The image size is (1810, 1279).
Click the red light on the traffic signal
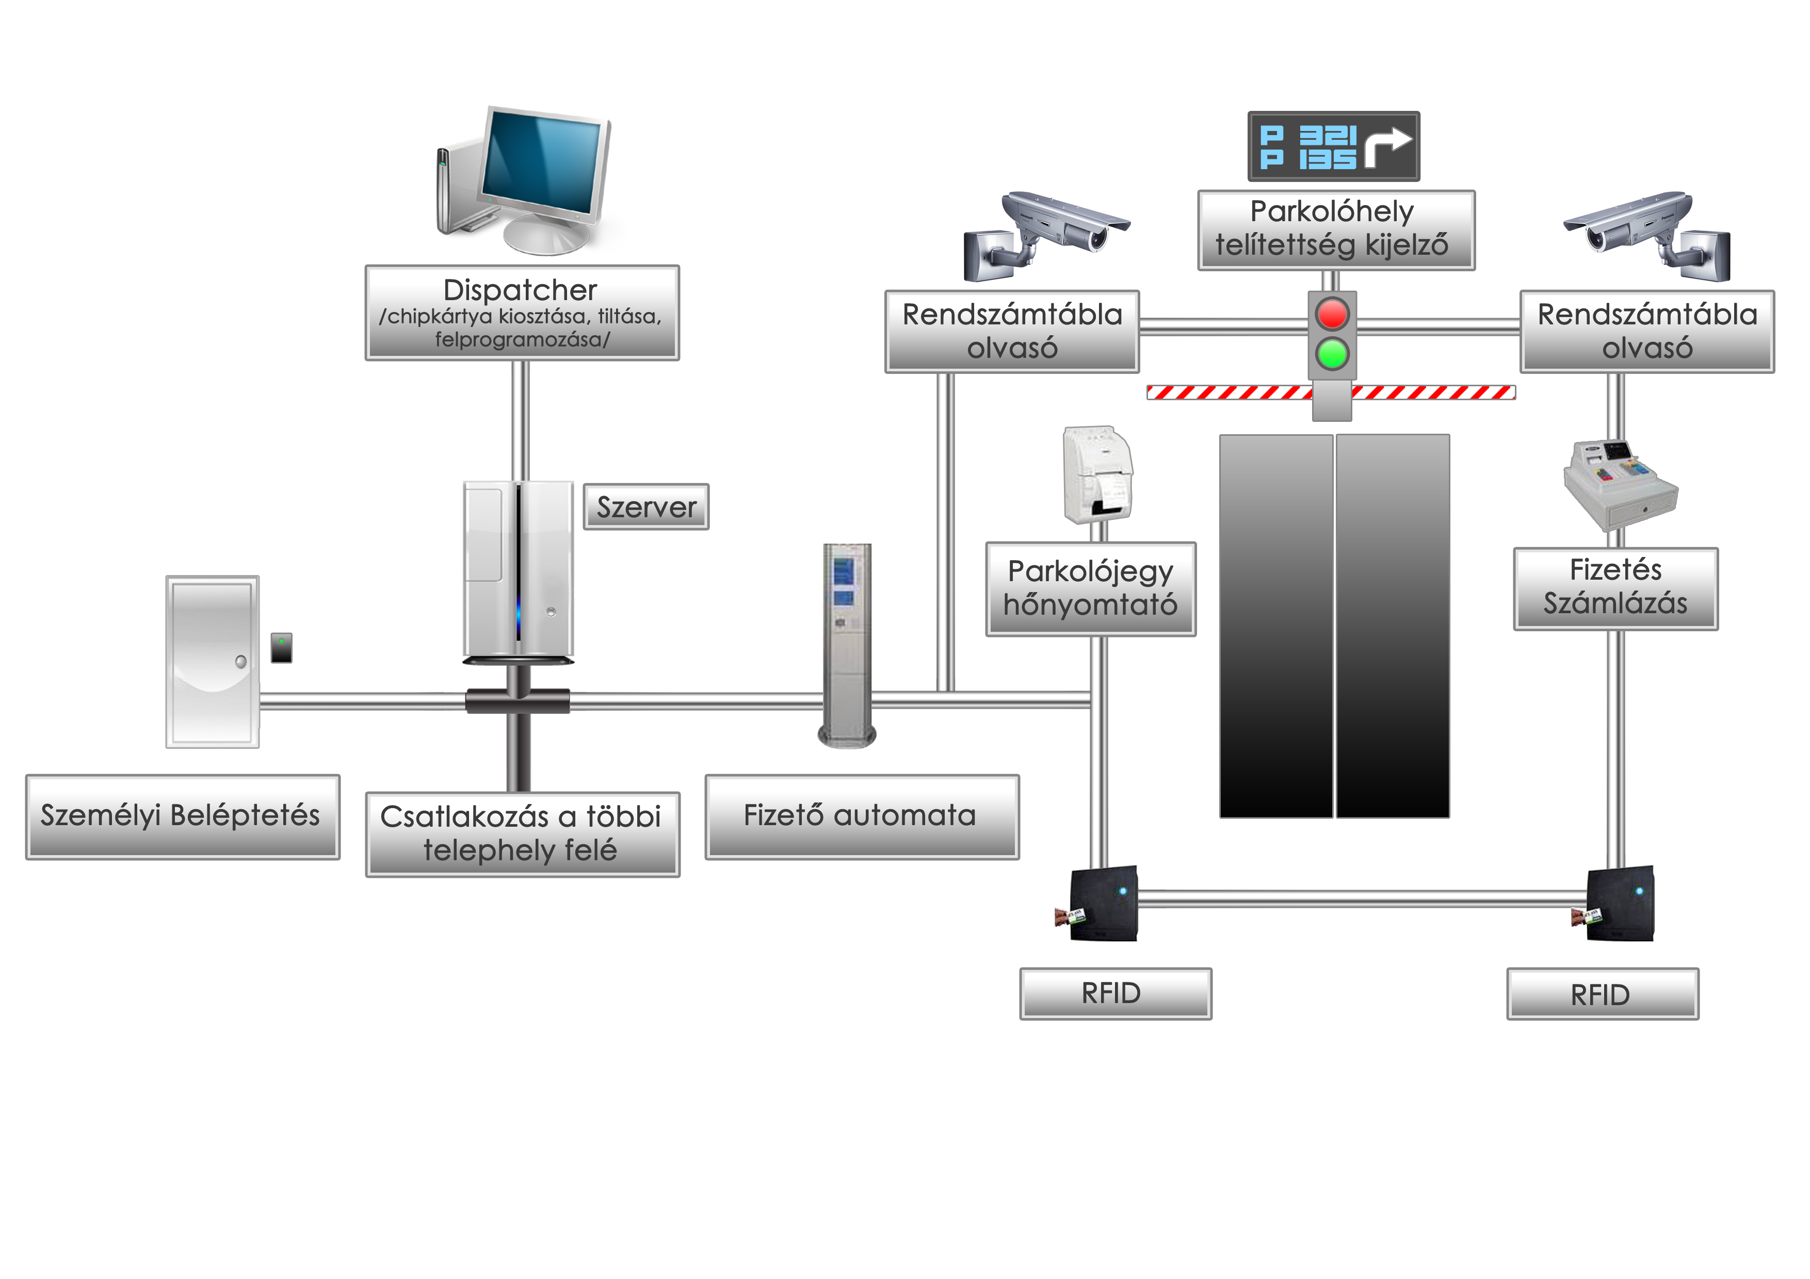point(1332,314)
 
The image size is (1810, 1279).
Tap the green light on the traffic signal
point(1332,354)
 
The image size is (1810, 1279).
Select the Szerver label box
point(645,507)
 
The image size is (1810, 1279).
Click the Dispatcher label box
point(521,313)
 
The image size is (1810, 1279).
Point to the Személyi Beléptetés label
point(182,816)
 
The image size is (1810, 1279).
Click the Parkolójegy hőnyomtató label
point(1090,588)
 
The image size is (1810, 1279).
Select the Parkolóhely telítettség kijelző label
point(1335,229)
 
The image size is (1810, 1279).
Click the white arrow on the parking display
point(1387,146)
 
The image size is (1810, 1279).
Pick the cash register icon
point(1620,485)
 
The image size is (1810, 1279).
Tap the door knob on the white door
point(241,661)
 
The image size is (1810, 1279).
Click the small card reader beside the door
point(281,648)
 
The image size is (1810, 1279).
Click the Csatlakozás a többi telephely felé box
point(522,834)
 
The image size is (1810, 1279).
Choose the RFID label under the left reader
point(1114,993)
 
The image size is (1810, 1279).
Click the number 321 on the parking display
point(1328,136)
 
